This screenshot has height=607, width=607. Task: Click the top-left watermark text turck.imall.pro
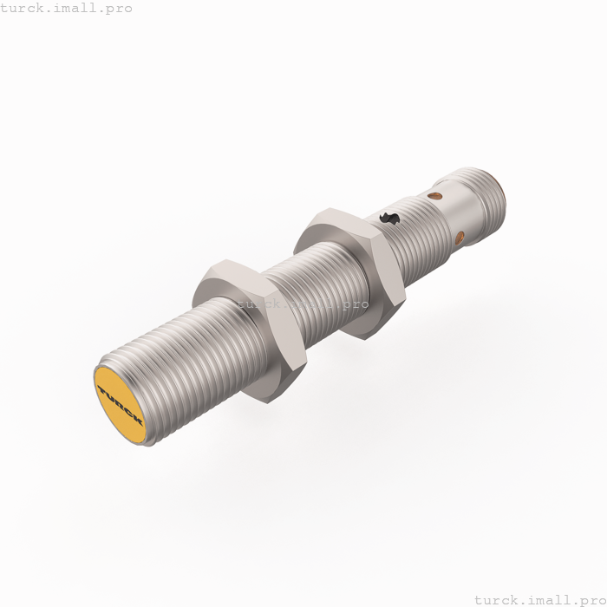tap(67, 9)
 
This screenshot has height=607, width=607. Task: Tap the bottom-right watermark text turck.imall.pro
tap(538, 598)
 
